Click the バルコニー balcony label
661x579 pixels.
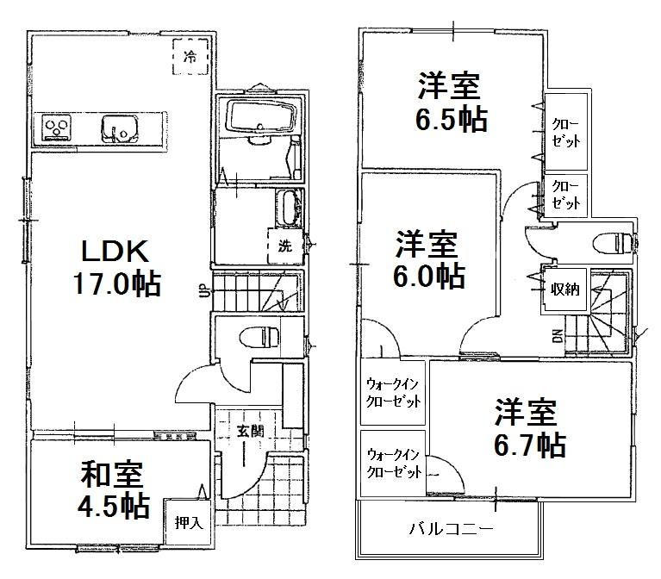(451, 527)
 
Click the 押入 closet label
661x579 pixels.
(188, 521)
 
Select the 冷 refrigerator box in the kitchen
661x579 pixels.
(190, 58)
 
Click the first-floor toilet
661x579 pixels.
(259, 335)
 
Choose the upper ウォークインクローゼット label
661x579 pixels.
(393, 392)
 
